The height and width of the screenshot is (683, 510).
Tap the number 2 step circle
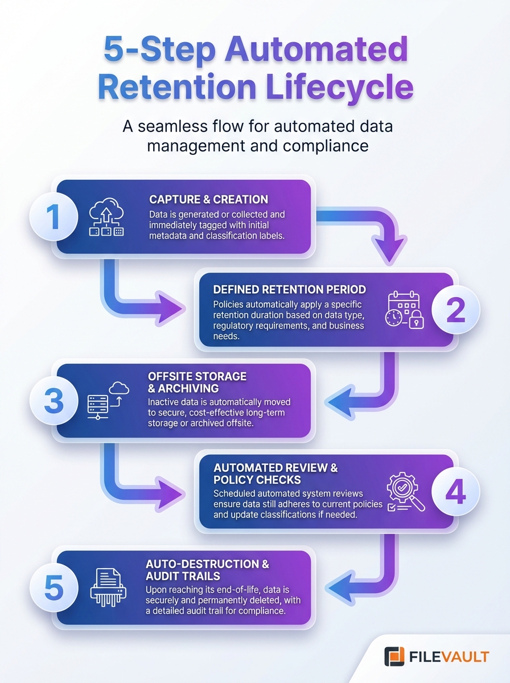456,311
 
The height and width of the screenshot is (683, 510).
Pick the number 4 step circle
456,492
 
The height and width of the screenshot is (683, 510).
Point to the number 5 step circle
53,588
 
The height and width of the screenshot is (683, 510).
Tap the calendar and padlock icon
405,311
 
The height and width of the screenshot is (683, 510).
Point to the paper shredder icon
108,586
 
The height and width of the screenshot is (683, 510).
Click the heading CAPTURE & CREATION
208,200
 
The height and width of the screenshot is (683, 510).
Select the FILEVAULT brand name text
449,657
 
